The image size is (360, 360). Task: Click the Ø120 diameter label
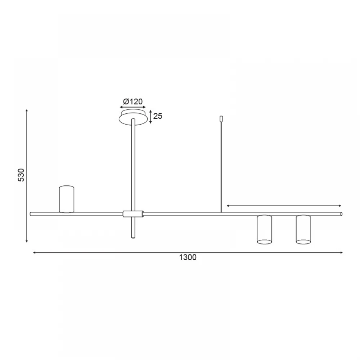pos(133,101)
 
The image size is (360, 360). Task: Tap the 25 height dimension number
pos(158,116)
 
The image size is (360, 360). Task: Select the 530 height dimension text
pos(21,175)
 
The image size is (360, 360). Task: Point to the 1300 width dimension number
pos(188,257)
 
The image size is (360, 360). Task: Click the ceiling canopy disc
pos(133,118)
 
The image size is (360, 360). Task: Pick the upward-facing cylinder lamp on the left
pos(67,199)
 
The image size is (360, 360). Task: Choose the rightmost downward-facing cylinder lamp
pos(303,229)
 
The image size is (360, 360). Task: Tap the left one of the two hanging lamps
pos(265,229)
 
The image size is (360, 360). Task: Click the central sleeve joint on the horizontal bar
pos(133,214)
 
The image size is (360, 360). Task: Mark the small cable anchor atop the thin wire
pos(221,119)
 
